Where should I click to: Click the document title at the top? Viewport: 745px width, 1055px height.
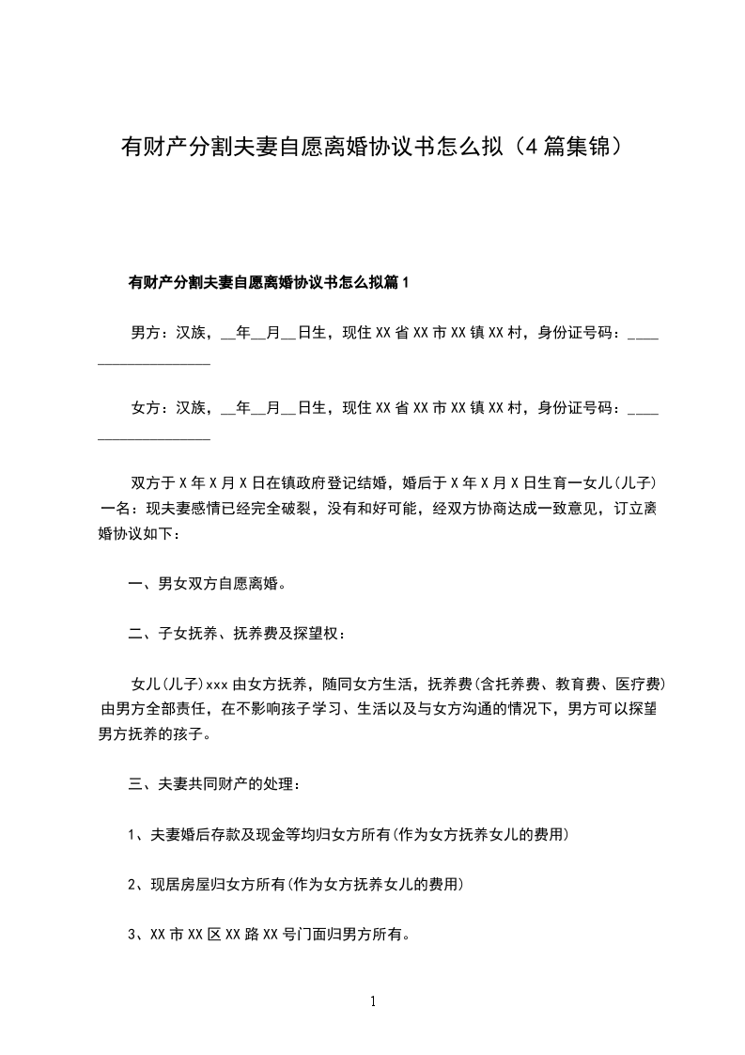pos(372,148)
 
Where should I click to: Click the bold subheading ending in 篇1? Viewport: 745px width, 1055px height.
pos(269,282)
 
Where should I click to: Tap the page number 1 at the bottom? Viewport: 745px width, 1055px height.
pos(373,1001)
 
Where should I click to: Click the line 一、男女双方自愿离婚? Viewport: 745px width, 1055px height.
pos(208,584)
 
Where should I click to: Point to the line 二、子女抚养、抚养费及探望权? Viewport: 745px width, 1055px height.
pos(237,634)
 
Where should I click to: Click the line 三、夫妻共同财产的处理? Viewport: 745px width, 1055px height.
pos(215,783)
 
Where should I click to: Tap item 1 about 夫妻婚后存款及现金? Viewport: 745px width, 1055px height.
pos(348,834)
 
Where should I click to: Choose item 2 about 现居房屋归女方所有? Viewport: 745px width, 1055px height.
pos(296,885)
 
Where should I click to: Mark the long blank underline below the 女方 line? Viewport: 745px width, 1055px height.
pos(154,439)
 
